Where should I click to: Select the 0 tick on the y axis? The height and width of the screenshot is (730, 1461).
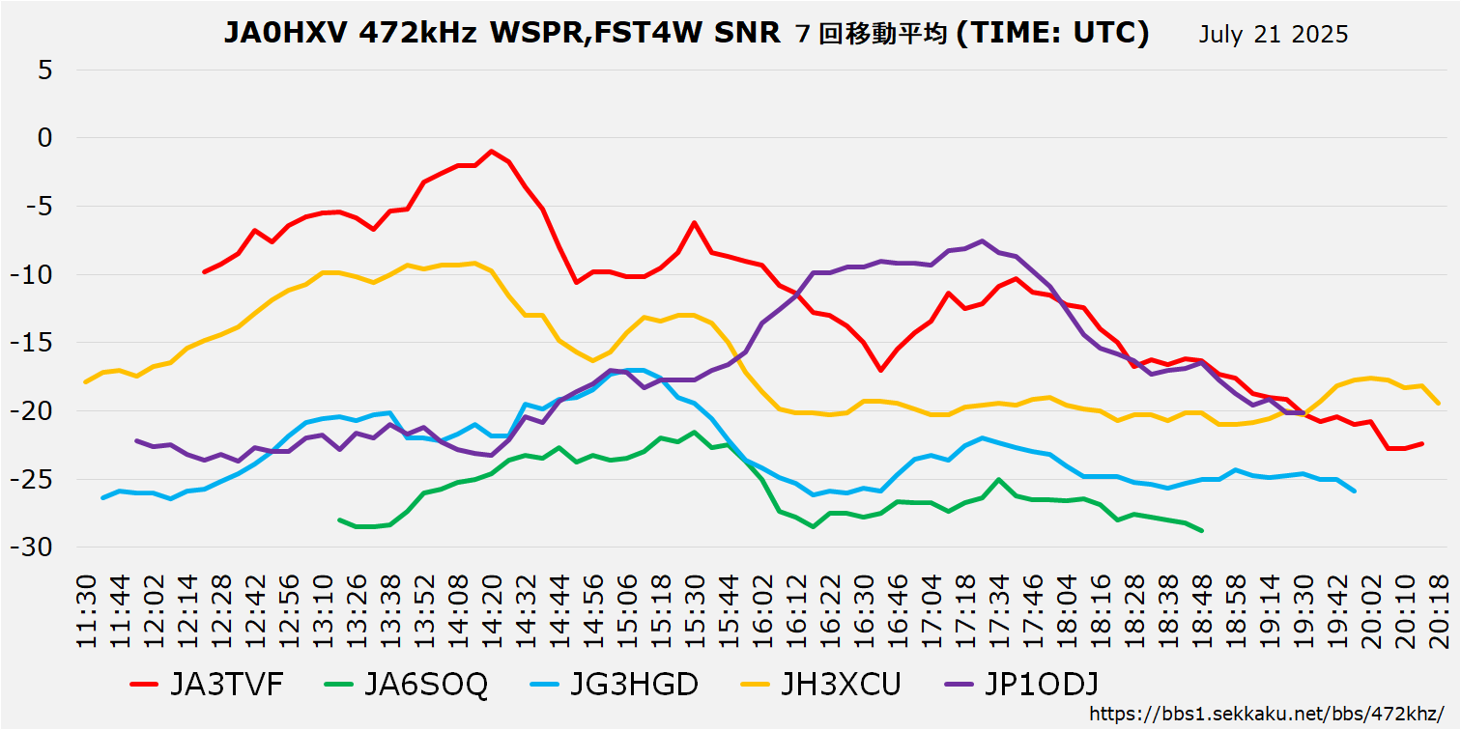click(45, 138)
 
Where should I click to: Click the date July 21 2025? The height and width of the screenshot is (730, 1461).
click(1274, 35)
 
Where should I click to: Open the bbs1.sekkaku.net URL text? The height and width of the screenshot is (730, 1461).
click(1266, 714)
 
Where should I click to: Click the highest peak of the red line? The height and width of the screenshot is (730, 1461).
click(492, 151)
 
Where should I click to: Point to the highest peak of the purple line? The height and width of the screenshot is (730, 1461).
click(982, 240)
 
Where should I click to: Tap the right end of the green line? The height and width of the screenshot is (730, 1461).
click(1202, 530)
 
